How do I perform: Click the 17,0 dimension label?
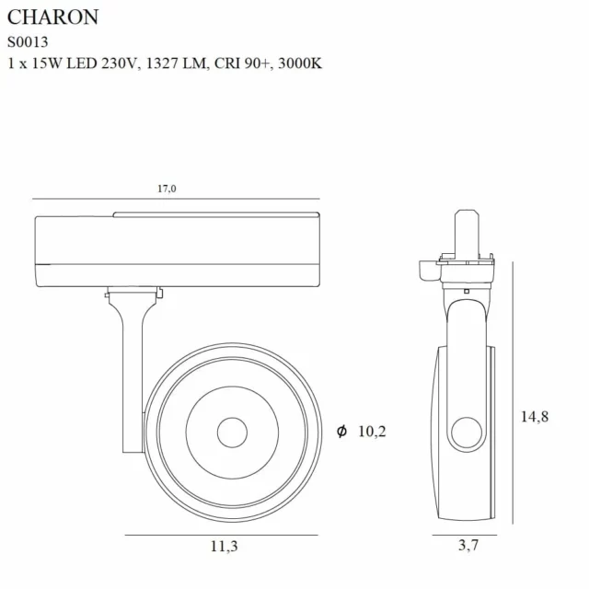pyautogui.click(x=166, y=189)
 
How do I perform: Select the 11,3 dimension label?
pyautogui.click(x=224, y=547)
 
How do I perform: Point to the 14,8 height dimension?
pyautogui.click(x=534, y=417)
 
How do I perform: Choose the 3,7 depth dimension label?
pyautogui.click(x=468, y=547)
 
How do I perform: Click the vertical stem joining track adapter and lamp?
pyautogui.click(x=132, y=368)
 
